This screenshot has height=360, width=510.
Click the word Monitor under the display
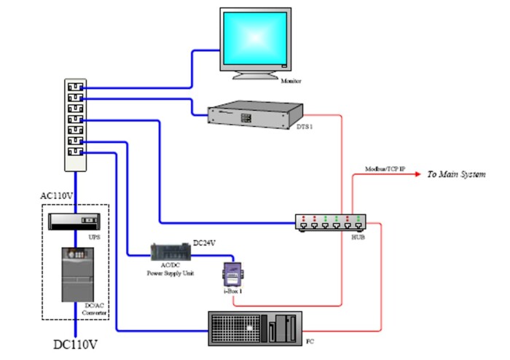[290, 82]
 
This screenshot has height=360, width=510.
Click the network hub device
[329, 222]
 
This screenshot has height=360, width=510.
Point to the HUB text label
[357, 238]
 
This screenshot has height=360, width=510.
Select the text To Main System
[455, 175]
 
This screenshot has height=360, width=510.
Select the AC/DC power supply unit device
[170, 251]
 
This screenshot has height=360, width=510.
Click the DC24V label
[205, 241]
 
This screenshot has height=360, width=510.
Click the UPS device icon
[73, 219]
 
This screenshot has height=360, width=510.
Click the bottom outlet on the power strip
[74, 152]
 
